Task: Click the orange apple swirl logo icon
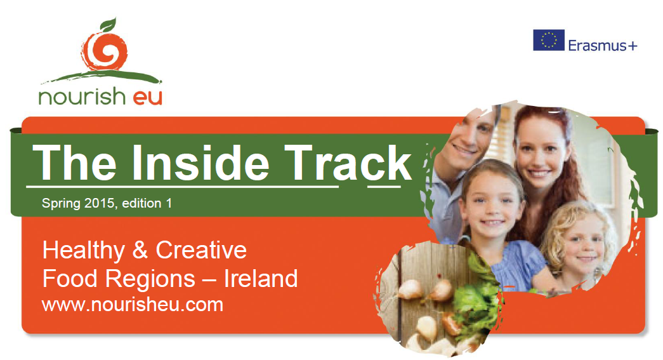105,51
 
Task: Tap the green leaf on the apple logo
108,24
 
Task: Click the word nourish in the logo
82,97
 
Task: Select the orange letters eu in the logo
148,98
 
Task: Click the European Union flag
548,40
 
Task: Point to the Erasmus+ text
603,45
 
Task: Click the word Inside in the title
200,163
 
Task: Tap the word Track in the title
348,163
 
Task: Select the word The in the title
75,163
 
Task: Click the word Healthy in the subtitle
84,250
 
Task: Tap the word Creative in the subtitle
201,250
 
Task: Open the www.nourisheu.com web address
133,305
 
